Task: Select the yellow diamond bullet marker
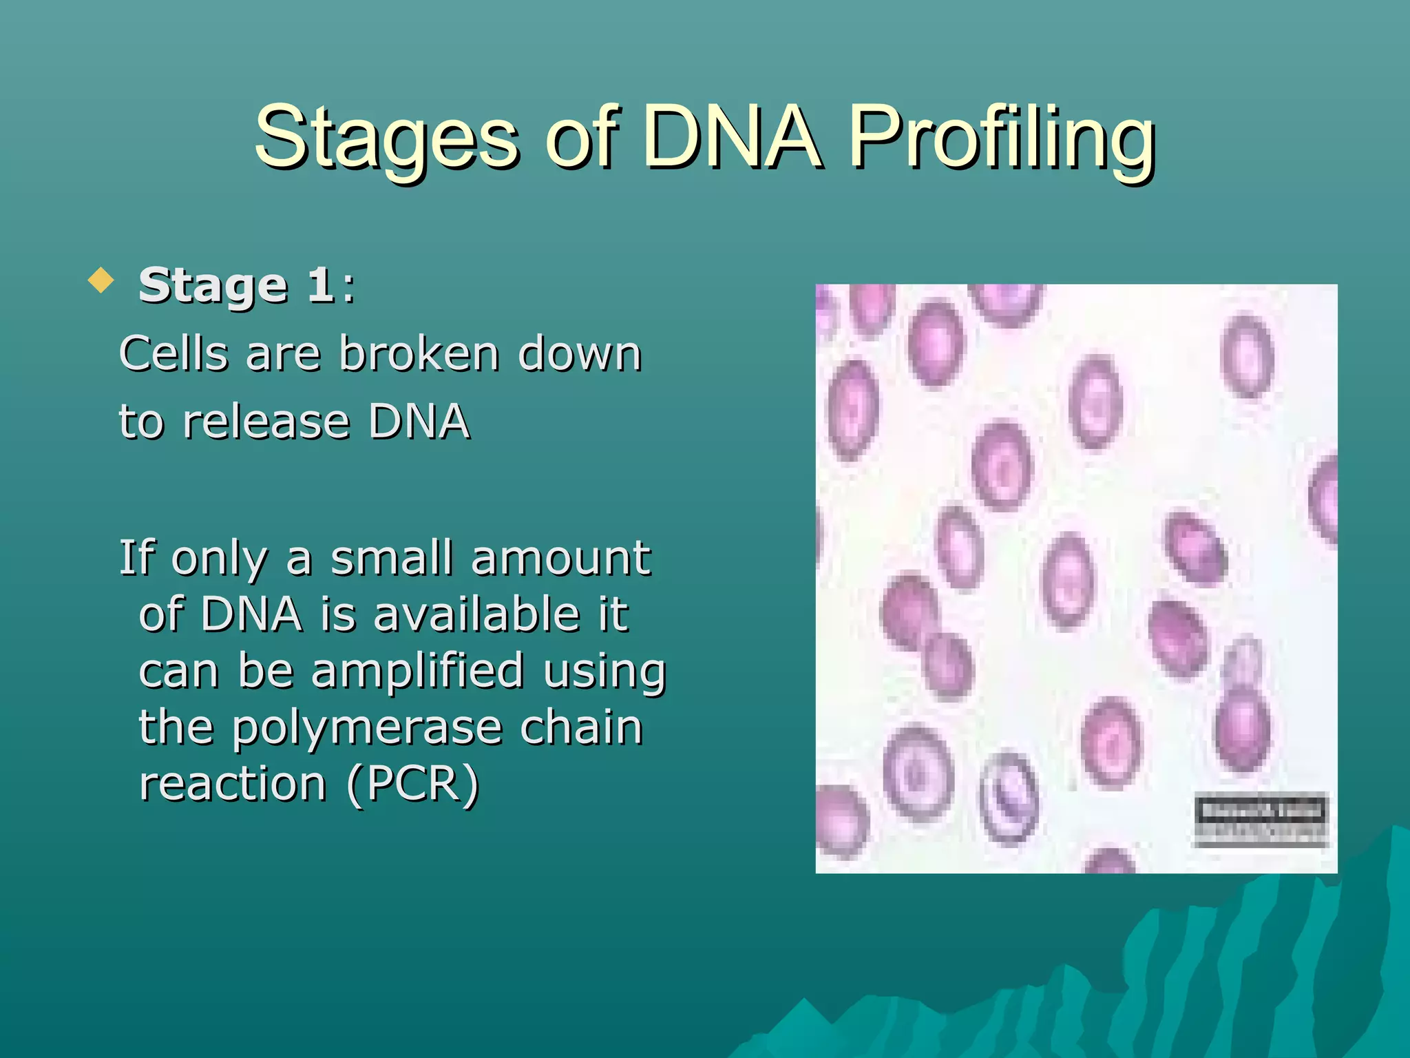coord(101,280)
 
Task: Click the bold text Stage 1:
coord(246,285)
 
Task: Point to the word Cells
coord(173,354)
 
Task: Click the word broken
coord(419,354)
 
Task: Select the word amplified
coord(417,672)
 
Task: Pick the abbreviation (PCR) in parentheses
coord(412,785)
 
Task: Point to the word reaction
coord(233,785)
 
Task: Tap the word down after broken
coord(580,354)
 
